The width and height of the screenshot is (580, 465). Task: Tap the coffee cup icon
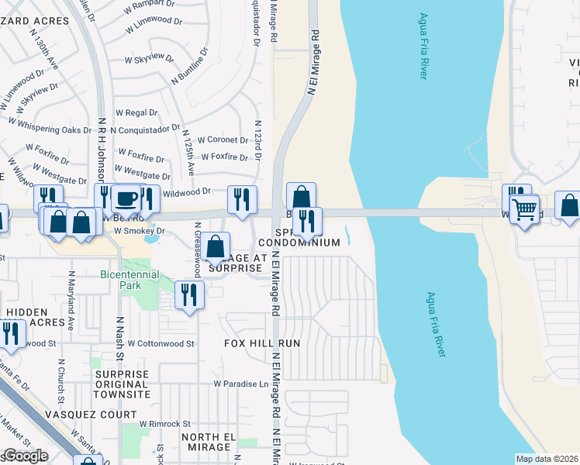(x=125, y=198)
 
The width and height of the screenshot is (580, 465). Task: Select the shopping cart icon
(x=525, y=208)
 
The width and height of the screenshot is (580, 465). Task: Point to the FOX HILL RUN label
(x=261, y=343)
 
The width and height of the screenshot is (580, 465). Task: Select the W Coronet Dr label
(x=223, y=140)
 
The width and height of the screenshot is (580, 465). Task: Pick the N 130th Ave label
(x=47, y=55)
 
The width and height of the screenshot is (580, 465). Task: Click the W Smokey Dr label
(x=140, y=230)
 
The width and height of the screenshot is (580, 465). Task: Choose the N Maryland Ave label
(x=70, y=309)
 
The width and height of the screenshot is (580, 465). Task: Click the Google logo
(x=26, y=456)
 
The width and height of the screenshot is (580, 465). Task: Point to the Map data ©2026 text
(x=546, y=459)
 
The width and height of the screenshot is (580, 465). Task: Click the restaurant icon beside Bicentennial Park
(x=188, y=294)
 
